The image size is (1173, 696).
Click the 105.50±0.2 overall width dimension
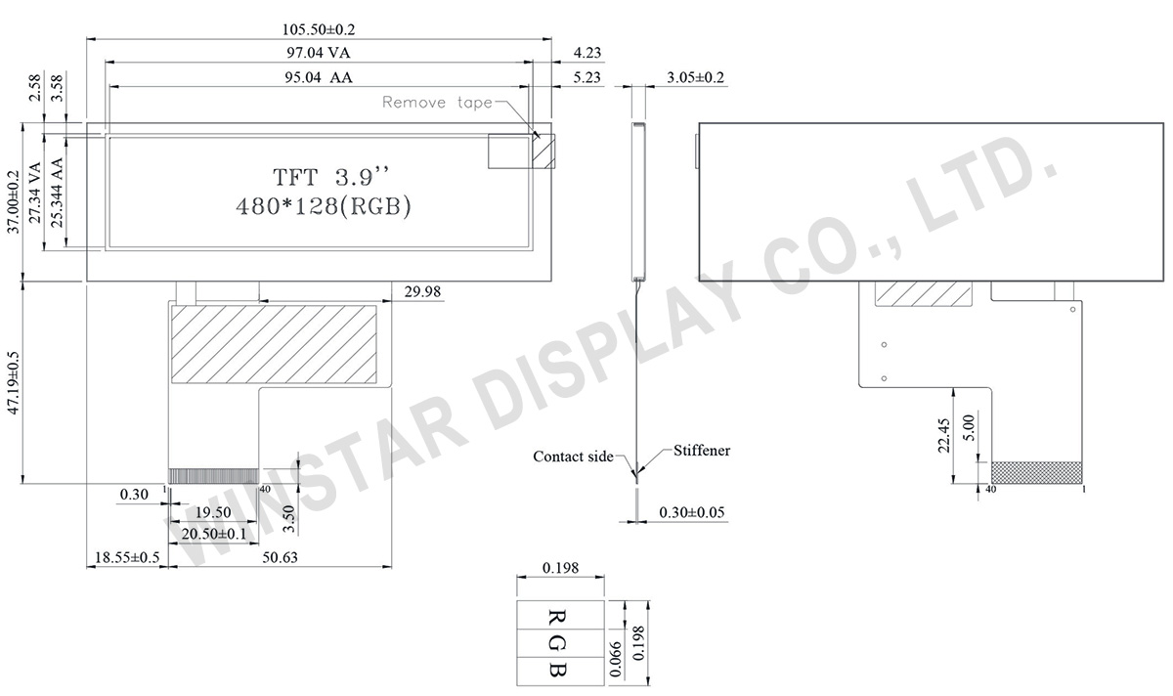[x=319, y=29]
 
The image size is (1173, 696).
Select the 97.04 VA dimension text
[x=319, y=53]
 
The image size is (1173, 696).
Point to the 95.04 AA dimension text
[x=319, y=77]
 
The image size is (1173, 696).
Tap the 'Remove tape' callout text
[x=437, y=102]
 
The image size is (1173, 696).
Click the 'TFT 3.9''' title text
[x=332, y=177]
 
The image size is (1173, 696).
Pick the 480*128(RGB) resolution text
[x=324, y=206]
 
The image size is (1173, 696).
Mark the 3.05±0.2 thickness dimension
[x=695, y=77]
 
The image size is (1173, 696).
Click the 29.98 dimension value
[x=422, y=291]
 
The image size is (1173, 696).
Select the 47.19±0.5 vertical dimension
[x=13, y=383]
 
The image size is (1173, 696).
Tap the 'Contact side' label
[x=573, y=457]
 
